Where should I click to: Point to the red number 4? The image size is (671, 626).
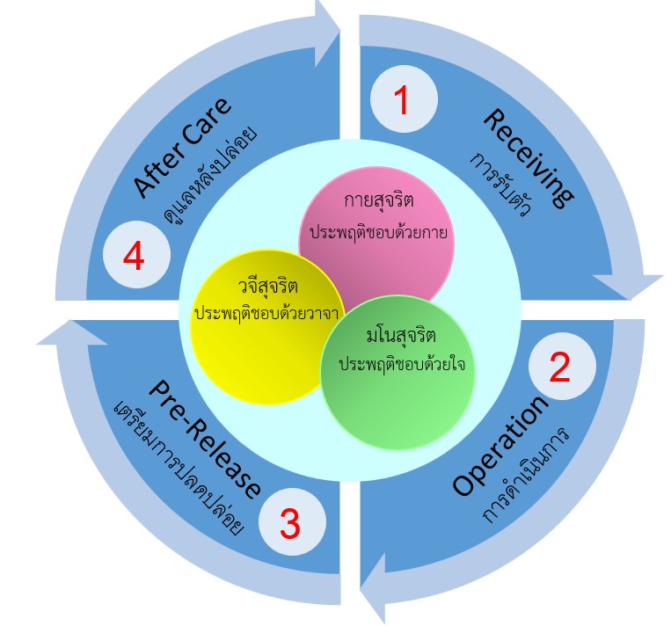pos(135,257)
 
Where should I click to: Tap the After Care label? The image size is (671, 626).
pos(183,147)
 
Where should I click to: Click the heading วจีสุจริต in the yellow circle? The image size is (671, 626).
pos(266,288)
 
